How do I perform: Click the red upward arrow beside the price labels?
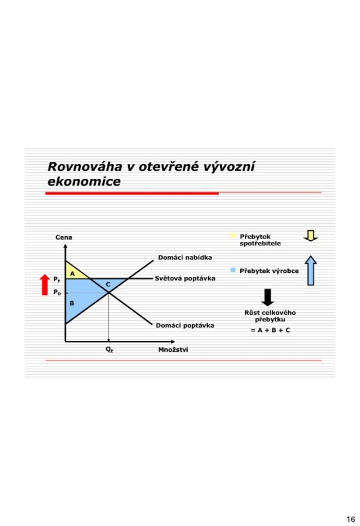pyautogui.click(x=44, y=285)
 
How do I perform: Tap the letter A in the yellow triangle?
pyautogui.click(x=72, y=274)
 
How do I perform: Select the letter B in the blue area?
pyautogui.click(x=72, y=303)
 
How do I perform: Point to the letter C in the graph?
pyautogui.click(x=108, y=285)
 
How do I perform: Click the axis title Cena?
pyautogui.click(x=64, y=237)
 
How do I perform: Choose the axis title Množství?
pyautogui.click(x=173, y=349)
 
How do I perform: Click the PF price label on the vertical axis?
pyautogui.click(x=57, y=279)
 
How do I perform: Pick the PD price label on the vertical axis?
pyautogui.click(x=57, y=292)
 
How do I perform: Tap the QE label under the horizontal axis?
pyautogui.click(x=109, y=349)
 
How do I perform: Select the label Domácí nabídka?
pyautogui.click(x=185, y=257)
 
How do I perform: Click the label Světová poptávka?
pyautogui.click(x=185, y=278)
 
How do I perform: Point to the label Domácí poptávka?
pyautogui.click(x=185, y=325)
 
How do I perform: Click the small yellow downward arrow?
pyautogui.click(x=311, y=236)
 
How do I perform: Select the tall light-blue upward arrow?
pyautogui.click(x=311, y=271)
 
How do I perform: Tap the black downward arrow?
pyautogui.click(x=268, y=297)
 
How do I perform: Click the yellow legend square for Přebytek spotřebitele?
pyautogui.click(x=233, y=236)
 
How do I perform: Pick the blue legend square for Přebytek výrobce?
pyautogui.click(x=233, y=270)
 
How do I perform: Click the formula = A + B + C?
pyautogui.click(x=271, y=330)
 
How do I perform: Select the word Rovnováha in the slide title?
pyautogui.click(x=85, y=167)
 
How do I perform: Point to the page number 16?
pyautogui.click(x=351, y=520)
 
